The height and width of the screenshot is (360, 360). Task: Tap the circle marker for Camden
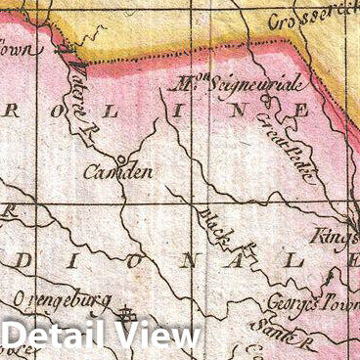click(x=119, y=159)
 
